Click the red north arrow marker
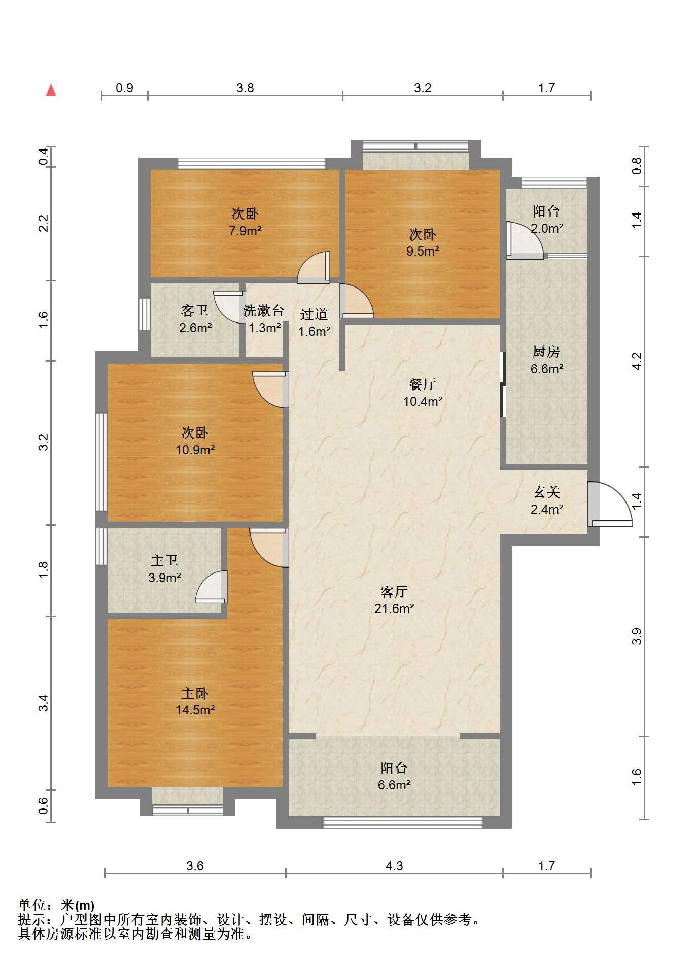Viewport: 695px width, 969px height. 51,90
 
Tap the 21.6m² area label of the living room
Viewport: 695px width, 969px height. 394,608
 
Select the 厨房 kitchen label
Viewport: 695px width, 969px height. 546,351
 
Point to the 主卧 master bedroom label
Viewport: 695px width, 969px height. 195,693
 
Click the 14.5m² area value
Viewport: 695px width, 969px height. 195,710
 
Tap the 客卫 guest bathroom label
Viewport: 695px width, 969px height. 195,310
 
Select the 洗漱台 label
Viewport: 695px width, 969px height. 263,310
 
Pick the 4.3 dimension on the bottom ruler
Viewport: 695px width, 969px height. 394,866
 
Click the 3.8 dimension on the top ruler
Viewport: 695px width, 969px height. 245,88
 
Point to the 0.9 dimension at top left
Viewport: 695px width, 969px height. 124,88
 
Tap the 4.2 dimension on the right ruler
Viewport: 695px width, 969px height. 637,361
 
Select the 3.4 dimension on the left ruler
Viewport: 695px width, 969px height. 44,703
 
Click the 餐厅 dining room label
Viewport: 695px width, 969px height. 422,384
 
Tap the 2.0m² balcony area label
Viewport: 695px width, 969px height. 547,228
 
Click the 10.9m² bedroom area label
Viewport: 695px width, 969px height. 195,449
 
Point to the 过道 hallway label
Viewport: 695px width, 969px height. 314,314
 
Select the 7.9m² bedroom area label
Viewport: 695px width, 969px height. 245,231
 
